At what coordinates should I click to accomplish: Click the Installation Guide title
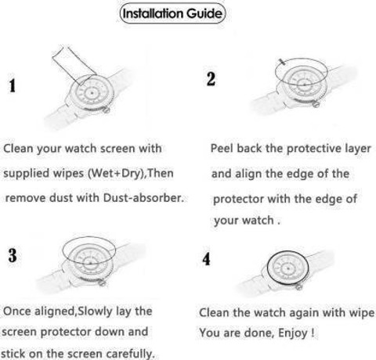click(x=172, y=13)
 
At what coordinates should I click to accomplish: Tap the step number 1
click(x=13, y=85)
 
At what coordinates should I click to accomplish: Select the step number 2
click(x=211, y=79)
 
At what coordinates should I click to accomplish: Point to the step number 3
click(x=13, y=255)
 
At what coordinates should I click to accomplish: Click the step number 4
click(x=206, y=259)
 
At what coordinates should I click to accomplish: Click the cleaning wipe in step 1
click(x=74, y=66)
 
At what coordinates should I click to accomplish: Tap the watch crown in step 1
click(x=106, y=110)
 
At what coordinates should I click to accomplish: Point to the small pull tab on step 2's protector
click(x=282, y=62)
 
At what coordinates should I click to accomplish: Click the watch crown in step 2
click(x=316, y=105)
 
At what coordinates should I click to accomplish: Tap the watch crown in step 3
click(x=101, y=282)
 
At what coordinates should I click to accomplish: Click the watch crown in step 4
click(x=298, y=287)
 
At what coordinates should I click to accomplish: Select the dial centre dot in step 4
click(x=288, y=268)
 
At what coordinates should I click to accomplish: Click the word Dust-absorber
click(x=143, y=198)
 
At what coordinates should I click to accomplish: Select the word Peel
click(x=222, y=148)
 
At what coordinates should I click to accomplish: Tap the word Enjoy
click(x=293, y=333)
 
